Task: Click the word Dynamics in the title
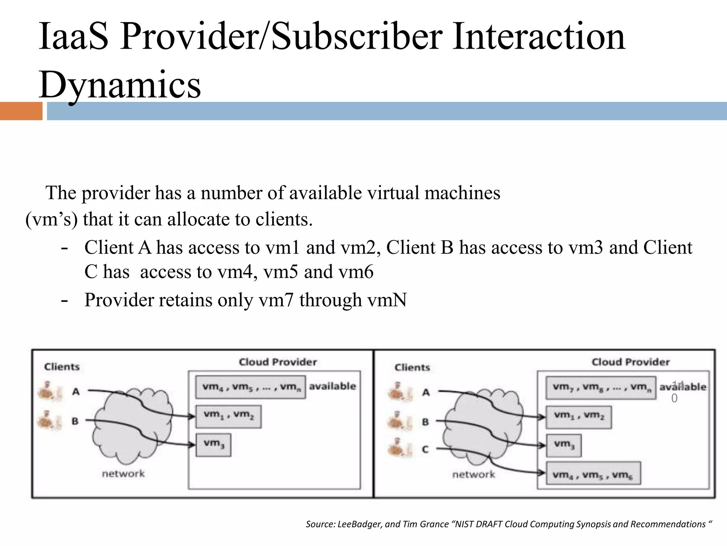click(120, 85)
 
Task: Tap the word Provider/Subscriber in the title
click(281, 37)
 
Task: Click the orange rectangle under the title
click(21, 111)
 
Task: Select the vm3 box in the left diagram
click(213, 445)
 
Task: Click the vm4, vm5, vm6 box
click(593, 473)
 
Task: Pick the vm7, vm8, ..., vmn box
click(601, 387)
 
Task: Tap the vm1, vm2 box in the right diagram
click(579, 416)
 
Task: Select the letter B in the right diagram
click(425, 422)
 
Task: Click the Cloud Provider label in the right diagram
click(630, 362)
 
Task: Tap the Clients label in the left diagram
click(62, 366)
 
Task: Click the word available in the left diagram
click(332, 386)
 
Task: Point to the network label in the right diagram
click(474, 474)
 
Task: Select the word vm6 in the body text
click(356, 272)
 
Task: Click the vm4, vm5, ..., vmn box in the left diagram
click(251, 387)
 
